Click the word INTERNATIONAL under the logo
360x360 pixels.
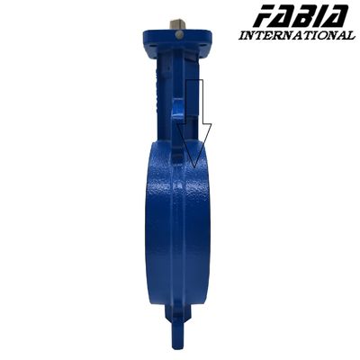click(x=297, y=36)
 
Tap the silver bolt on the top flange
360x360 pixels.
click(x=179, y=35)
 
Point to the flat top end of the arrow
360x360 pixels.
click(x=192, y=81)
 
